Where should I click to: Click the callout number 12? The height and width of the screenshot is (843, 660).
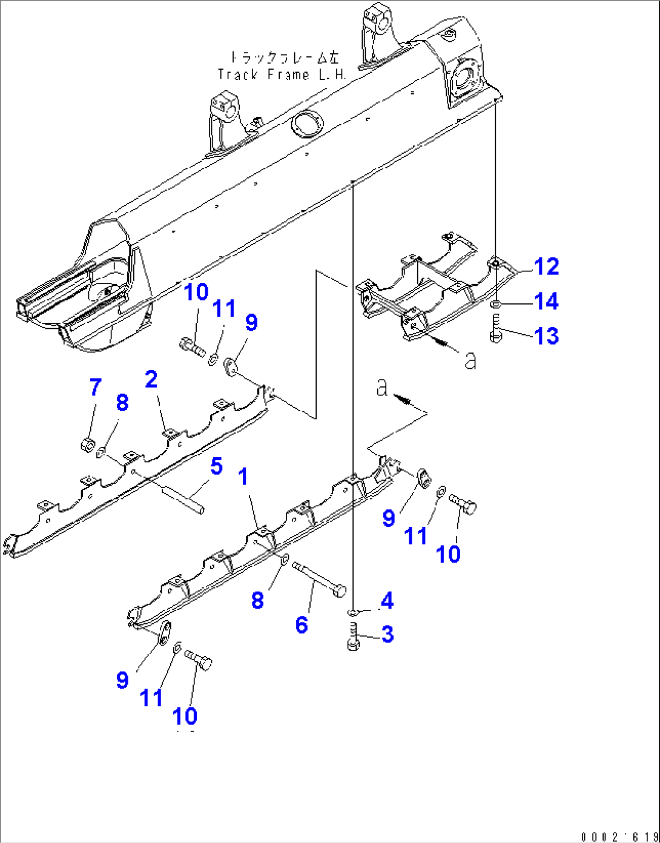click(546, 266)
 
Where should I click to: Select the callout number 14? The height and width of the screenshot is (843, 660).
click(546, 301)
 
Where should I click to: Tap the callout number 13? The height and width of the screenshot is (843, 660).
click(546, 336)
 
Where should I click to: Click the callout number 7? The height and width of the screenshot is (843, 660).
click(95, 387)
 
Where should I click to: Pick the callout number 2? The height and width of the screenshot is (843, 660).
click(151, 380)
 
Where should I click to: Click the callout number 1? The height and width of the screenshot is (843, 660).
click(243, 477)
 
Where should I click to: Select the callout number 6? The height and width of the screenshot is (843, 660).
click(302, 624)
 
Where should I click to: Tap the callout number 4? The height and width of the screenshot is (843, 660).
click(387, 601)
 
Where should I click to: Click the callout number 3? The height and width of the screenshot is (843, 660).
click(387, 634)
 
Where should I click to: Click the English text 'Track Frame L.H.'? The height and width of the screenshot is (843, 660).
click(282, 74)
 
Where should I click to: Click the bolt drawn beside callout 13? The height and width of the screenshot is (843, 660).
click(496, 328)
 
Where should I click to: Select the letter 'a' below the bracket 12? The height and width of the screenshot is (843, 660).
click(470, 360)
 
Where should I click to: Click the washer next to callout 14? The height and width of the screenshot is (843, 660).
click(496, 303)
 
